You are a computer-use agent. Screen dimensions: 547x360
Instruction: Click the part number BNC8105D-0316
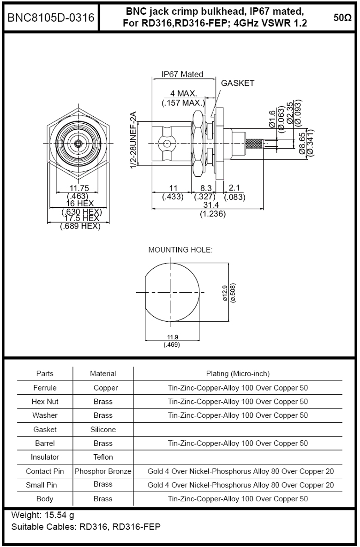coord(51,18)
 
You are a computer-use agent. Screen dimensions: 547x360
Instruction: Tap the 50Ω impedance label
coord(342,18)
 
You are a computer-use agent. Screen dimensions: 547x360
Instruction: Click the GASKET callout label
coord(237,84)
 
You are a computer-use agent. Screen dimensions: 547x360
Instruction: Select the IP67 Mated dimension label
coord(182,74)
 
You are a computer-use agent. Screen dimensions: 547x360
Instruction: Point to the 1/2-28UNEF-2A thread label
coord(134,140)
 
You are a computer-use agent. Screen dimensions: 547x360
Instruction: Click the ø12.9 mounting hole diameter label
coord(224,293)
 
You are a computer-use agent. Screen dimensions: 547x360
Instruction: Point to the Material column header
coord(103,373)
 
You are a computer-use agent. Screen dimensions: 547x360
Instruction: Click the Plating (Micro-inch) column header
coord(238,373)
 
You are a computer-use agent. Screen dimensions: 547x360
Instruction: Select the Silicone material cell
coord(103,429)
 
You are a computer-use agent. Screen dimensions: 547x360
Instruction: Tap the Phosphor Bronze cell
coord(103,471)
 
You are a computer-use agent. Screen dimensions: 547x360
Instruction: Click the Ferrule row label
coord(45,388)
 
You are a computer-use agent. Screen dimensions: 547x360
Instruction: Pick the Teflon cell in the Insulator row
coord(103,457)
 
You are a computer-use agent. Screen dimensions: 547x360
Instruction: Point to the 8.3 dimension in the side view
coord(206,188)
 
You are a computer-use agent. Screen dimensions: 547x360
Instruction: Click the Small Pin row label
coord(45,485)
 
